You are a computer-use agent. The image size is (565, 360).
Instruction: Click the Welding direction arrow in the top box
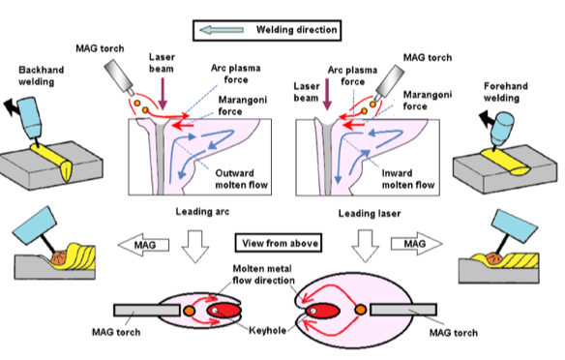pyautogui.click(x=222, y=30)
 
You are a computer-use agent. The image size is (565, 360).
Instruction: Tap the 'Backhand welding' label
pyautogui.click(x=41, y=75)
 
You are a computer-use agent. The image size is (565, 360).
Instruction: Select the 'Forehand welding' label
pyautogui.click(x=506, y=92)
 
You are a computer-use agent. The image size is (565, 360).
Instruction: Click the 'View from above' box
pyautogui.click(x=279, y=243)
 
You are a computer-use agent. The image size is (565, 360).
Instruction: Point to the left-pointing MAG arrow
pyautogui.click(x=143, y=245)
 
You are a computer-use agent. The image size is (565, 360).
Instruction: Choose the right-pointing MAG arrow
pyautogui.click(x=417, y=244)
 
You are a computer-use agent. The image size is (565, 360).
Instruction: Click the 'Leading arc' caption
pyautogui.click(x=202, y=212)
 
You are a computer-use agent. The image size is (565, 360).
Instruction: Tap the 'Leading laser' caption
pyautogui.click(x=370, y=214)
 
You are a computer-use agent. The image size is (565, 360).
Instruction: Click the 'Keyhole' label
pyautogui.click(x=267, y=330)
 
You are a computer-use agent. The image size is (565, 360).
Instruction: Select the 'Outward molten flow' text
pyautogui.click(x=242, y=179)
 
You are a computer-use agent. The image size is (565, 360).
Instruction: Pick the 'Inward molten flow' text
pyautogui.click(x=408, y=179)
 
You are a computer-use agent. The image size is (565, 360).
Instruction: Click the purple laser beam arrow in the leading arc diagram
pyautogui.click(x=163, y=94)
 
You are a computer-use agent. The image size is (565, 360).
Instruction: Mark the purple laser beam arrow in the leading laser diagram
pyautogui.click(x=327, y=95)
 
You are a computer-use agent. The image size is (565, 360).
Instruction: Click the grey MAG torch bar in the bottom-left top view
pyautogui.click(x=147, y=311)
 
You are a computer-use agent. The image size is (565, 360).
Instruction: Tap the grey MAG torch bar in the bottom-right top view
pyautogui.click(x=403, y=310)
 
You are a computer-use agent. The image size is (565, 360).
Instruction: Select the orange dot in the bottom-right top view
pyautogui.click(x=360, y=310)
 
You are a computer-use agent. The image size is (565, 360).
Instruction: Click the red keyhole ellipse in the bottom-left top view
pyautogui.click(x=223, y=311)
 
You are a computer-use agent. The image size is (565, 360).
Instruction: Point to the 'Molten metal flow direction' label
pyautogui.click(x=263, y=275)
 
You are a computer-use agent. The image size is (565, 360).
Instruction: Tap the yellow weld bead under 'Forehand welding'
pyautogui.click(x=505, y=163)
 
